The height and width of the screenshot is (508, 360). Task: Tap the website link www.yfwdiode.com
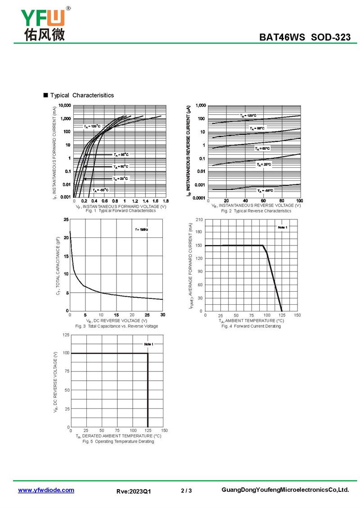coord(46,490)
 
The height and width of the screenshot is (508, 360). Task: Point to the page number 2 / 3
coord(186,490)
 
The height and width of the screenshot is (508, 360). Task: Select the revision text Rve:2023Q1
coord(134,491)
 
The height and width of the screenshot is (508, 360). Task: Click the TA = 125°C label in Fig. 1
coord(92,126)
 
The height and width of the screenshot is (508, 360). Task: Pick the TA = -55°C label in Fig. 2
coord(265,191)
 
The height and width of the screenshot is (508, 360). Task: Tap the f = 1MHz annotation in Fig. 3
coord(142,230)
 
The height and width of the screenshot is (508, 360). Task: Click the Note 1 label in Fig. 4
coord(282,228)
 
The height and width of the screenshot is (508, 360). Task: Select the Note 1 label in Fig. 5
coord(148,344)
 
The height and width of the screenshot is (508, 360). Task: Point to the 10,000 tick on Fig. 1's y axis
coord(65,106)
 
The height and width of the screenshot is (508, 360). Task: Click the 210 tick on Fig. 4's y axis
coord(199,219)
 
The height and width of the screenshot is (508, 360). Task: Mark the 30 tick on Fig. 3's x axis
coord(162,315)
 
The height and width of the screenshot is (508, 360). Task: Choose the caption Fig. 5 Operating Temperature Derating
coord(118,441)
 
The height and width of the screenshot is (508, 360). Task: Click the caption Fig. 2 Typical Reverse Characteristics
coord(256,211)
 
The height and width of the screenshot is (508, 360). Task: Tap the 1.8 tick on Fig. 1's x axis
coord(166,201)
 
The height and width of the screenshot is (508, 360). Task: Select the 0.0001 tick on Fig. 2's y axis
coord(199,198)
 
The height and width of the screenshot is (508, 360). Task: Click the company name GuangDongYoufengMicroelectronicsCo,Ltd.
coord(285,490)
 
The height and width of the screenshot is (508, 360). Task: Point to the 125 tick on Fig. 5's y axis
coord(66,335)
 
